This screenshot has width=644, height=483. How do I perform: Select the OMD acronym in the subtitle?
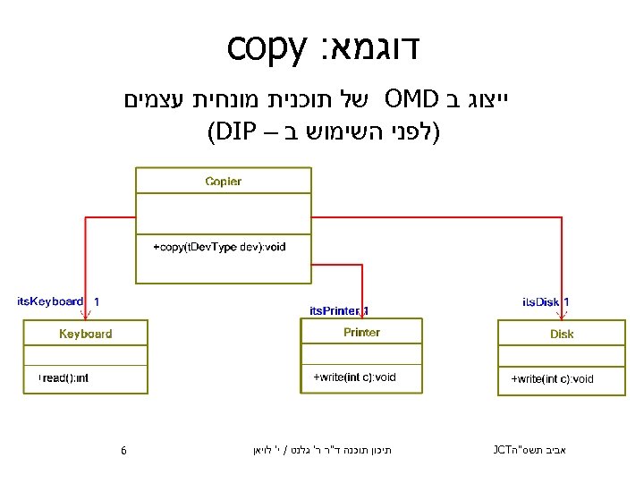click(412, 97)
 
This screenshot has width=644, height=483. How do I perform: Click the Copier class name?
click(223, 182)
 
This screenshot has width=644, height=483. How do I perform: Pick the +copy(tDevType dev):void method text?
click(219, 246)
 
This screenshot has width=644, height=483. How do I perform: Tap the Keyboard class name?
click(86, 334)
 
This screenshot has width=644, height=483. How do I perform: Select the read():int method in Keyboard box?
click(64, 378)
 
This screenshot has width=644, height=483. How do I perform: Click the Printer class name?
click(361, 332)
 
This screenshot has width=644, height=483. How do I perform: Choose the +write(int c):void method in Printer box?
click(354, 377)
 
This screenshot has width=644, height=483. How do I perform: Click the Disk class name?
click(562, 335)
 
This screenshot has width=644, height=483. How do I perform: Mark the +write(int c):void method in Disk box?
click(552, 379)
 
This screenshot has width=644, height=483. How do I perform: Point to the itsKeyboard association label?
click(50, 301)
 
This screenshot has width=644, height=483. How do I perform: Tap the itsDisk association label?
click(541, 302)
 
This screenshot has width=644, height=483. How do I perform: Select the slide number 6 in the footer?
click(123, 451)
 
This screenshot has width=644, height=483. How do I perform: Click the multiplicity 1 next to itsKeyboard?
click(97, 302)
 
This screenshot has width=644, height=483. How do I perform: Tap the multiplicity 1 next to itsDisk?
click(567, 302)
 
